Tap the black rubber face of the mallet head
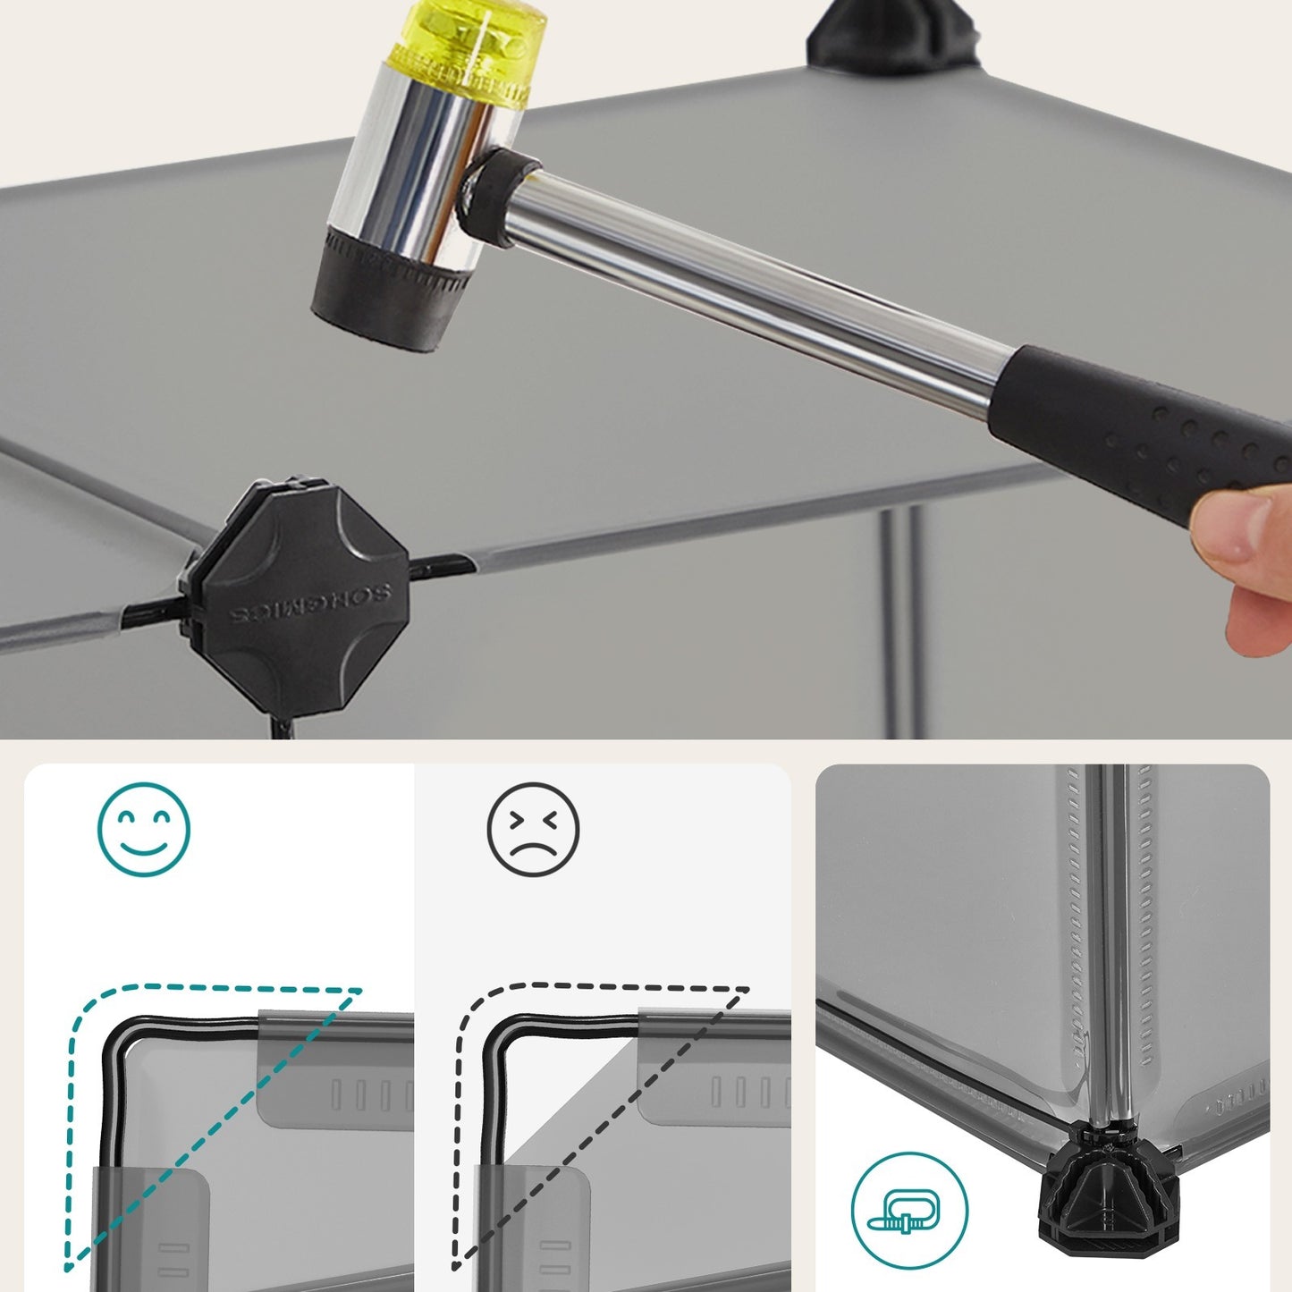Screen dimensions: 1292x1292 [x=389, y=288]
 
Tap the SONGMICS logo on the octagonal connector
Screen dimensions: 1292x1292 [x=310, y=604]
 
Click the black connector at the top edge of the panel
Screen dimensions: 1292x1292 [x=891, y=33]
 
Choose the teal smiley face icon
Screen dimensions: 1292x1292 [x=143, y=830]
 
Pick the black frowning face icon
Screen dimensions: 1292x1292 [x=533, y=830]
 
